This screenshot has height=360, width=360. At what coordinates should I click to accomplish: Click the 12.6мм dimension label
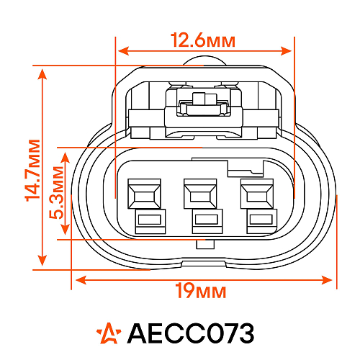click(x=203, y=40)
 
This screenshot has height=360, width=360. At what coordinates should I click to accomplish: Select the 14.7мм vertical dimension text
click(x=32, y=170)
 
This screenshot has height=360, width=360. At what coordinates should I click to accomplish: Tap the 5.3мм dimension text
click(x=56, y=192)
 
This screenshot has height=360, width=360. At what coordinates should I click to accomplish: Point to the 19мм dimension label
click(x=201, y=291)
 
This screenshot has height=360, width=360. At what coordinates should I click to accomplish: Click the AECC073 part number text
click(x=191, y=333)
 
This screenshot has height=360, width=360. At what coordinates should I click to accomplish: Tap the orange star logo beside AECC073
click(x=109, y=333)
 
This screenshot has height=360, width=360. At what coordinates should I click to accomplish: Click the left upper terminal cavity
click(x=144, y=194)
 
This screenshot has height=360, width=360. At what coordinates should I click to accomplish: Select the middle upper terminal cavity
click(x=200, y=194)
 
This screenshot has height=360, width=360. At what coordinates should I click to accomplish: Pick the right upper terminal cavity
click(x=257, y=194)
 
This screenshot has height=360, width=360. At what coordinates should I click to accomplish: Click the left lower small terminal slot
click(x=150, y=221)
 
